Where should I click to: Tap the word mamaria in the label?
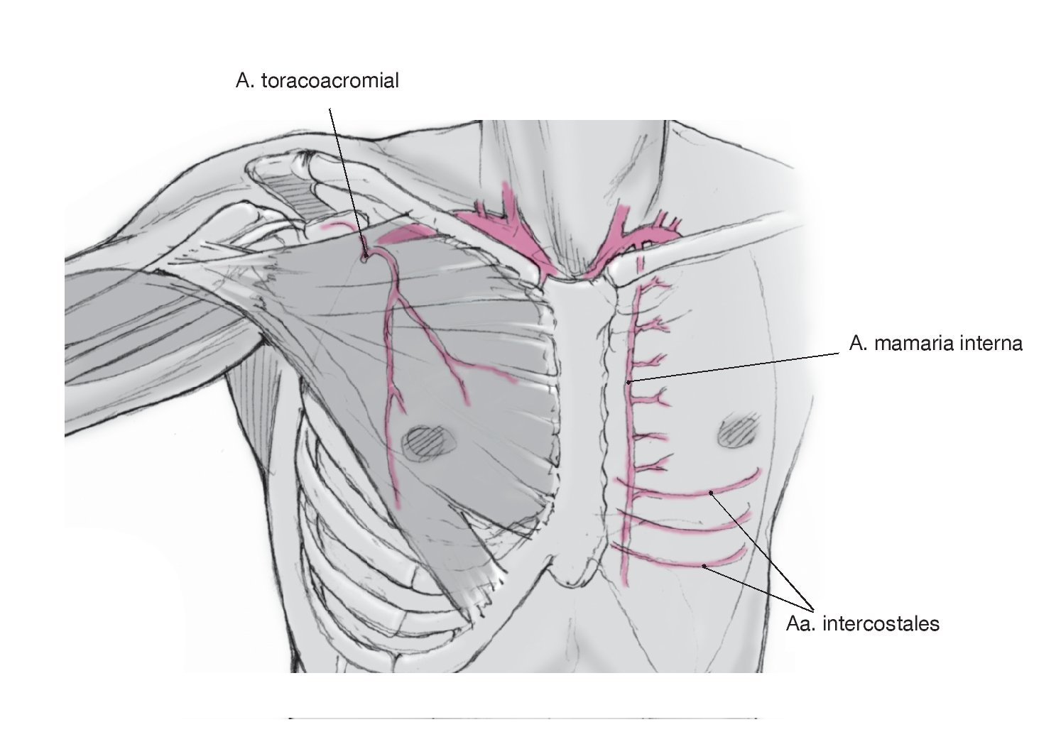click(x=914, y=344)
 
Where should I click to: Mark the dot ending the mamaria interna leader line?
click(x=629, y=383)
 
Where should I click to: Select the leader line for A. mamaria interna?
click(x=739, y=366)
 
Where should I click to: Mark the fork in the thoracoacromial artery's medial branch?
click(x=452, y=364)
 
